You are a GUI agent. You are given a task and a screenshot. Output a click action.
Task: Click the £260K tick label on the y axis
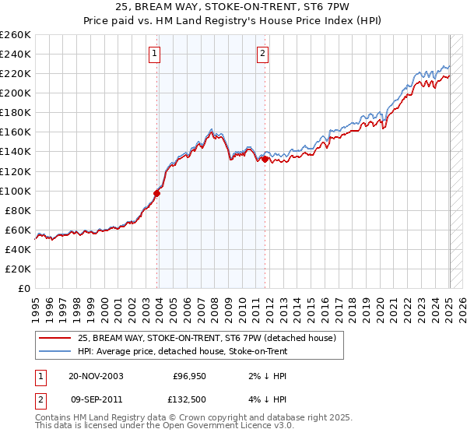(x=16, y=35)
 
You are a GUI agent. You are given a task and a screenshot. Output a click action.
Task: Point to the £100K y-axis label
(x=16, y=191)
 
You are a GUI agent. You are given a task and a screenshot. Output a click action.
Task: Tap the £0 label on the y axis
(x=24, y=288)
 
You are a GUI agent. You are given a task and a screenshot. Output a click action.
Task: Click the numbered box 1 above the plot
(x=156, y=54)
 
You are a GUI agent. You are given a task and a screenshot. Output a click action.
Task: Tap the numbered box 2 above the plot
(x=263, y=54)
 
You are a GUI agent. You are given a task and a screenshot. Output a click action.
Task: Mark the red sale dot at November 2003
(x=157, y=193)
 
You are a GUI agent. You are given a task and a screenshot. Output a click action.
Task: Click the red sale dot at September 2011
(x=265, y=159)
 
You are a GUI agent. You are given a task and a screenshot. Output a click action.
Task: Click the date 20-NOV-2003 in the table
(x=95, y=376)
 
